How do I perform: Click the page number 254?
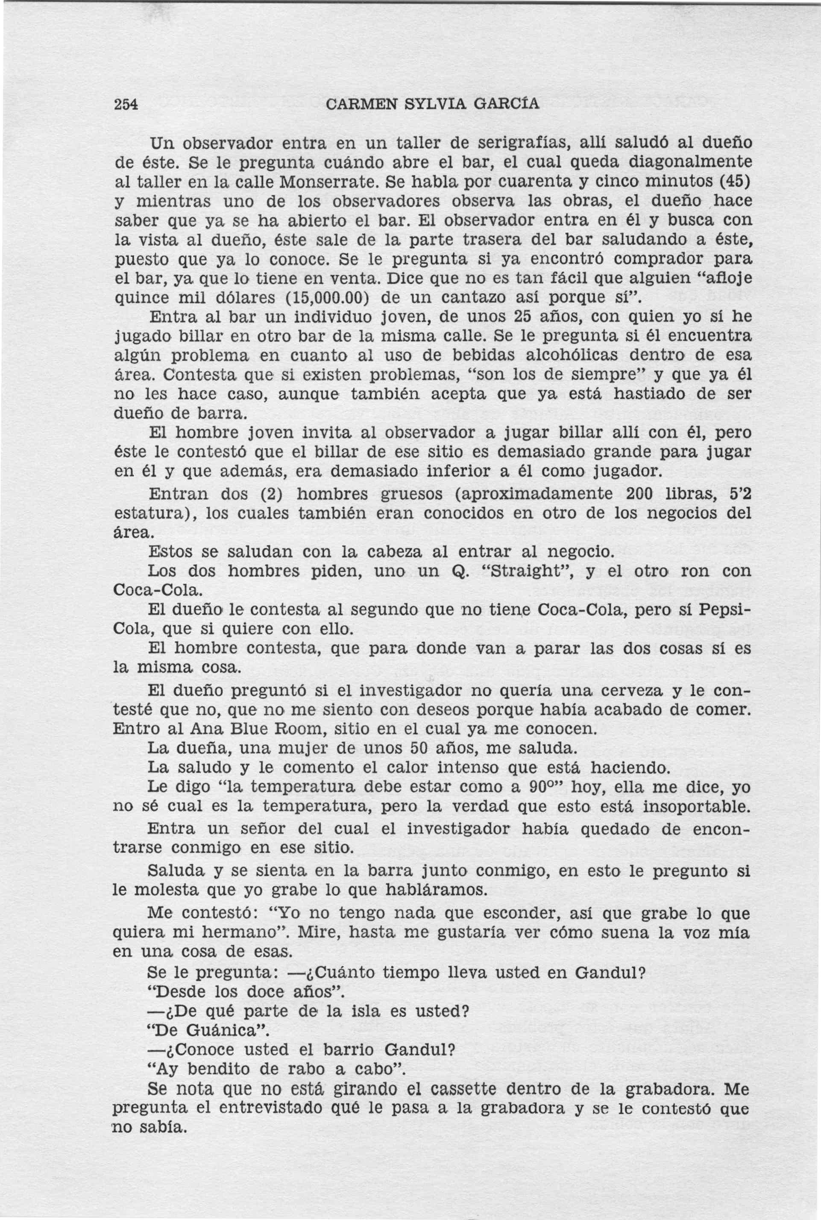pos(126,104)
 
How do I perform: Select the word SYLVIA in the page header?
pos(436,104)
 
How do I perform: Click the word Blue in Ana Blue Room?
pos(253,729)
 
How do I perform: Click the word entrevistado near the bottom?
pos(276,1109)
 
